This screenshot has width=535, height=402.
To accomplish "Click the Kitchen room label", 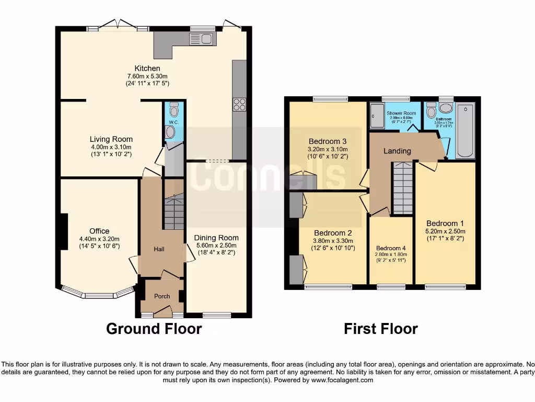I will click(147, 69).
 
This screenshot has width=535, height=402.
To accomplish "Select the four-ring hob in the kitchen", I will click(239, 105).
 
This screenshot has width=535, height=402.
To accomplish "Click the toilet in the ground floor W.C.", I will click(174, 110).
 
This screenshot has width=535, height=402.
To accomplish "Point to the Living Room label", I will click(111, 139).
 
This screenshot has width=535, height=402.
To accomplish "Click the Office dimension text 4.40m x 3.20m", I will click(99, 239).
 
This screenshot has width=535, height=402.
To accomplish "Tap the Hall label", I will click(159, 249).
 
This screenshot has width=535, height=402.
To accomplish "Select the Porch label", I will click(162, 296).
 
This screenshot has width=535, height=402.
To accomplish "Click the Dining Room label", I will click(216, 238).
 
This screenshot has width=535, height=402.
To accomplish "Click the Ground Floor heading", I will click(154, 329).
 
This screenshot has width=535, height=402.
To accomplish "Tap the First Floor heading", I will click(380, 329).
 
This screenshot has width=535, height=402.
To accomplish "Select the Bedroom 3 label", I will click(328, 141).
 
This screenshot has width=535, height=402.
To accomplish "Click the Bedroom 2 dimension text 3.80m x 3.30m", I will click(335, 241).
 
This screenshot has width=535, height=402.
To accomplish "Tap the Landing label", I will click(397, 151).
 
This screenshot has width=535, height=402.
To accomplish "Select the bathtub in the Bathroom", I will click(464, 131).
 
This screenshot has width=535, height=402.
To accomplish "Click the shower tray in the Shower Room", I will click(376, 116).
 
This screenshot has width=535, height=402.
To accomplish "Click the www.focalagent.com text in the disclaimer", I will click(342, 381).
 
